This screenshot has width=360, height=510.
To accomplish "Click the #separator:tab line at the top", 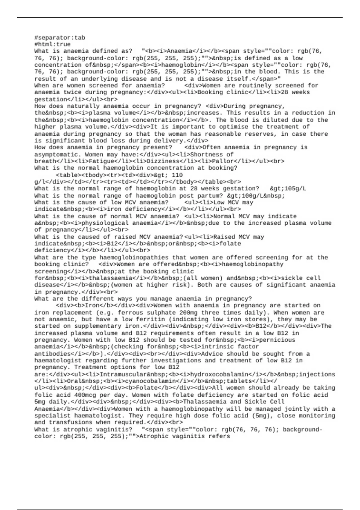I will click(60, 38).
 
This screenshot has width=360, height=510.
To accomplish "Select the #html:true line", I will click(52, 44).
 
